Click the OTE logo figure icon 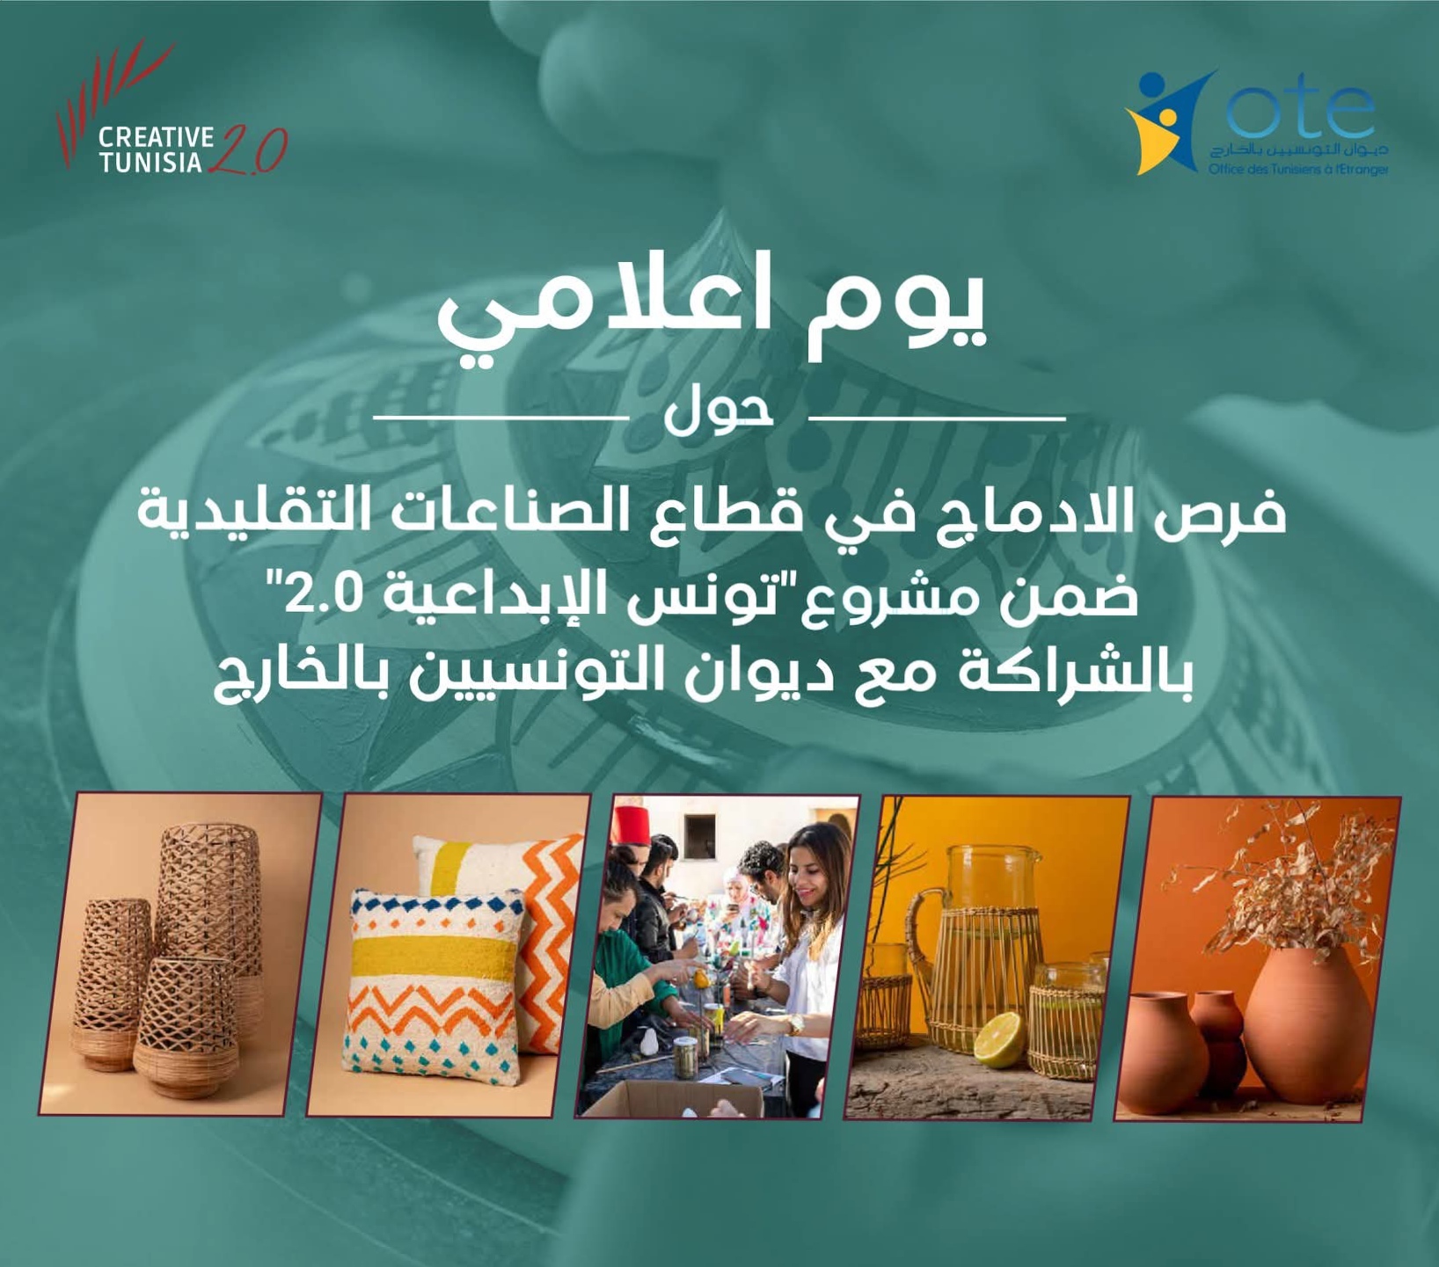point(1167,122)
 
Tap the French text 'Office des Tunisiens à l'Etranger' point(1298,169)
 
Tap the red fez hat point(632,823)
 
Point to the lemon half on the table point(998,1039)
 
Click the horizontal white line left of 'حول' point(500,417)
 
